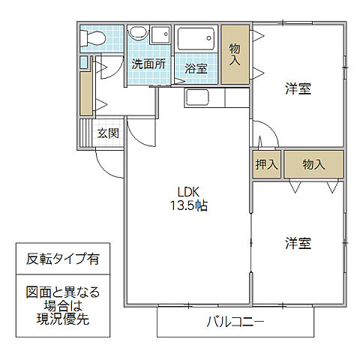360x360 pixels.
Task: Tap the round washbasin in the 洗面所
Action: pyautogui.click(x=136, y=34)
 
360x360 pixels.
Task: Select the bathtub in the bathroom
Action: pyautogui.click(x=197, y=40)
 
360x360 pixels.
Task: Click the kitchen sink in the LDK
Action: pyautogui.click(x=199, y=97)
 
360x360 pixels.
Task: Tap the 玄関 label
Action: pyautogui.click(x=108, y=133)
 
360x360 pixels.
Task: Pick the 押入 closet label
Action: pyautogui.click(x=266, y=165)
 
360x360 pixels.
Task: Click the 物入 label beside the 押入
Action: pyautogui.click(x=313, y=165)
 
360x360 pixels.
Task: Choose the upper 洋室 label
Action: pyautogui.click(x=298, y=89)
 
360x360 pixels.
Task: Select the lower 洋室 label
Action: pyautogui.click(x=298, y=243)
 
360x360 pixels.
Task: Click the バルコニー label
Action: pyautogui.click(x=235, y=322)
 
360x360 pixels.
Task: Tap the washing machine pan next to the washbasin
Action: pyautogui.click(x=159, y=34)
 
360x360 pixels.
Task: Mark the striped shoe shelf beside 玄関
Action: pyautogui.click(x=85, y=133)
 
